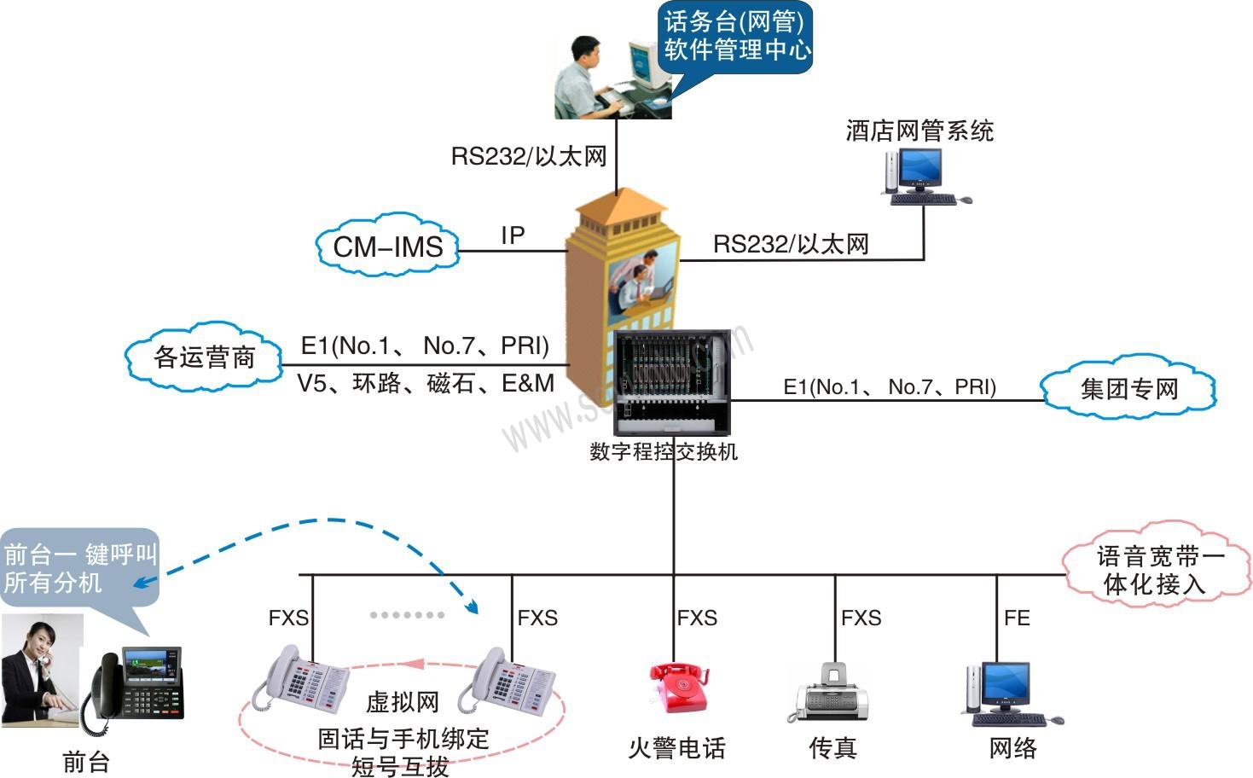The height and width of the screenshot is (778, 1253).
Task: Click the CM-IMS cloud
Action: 388,247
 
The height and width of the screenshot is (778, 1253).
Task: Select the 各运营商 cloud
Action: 204,357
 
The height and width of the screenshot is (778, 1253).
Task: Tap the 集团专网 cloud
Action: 1128,389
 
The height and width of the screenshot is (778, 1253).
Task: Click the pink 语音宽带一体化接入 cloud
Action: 1157,570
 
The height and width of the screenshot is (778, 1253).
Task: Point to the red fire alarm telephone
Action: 678,688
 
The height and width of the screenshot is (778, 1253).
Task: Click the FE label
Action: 1017,618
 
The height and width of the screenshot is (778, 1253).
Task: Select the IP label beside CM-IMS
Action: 513,235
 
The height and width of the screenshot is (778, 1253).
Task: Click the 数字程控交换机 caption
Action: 664,451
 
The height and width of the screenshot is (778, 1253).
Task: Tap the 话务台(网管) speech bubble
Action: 737,36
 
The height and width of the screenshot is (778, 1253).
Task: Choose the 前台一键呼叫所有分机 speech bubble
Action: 79,569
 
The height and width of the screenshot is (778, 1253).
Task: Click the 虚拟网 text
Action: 403,702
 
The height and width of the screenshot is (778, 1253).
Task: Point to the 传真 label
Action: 832,748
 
